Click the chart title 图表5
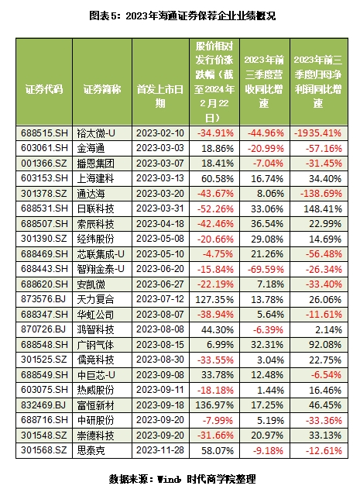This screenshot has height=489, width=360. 182,15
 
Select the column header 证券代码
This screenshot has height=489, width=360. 44,89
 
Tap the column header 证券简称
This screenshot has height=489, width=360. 102,89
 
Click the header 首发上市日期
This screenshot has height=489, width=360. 160,96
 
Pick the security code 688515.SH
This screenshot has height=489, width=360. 44,133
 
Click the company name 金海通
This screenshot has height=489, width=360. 91,148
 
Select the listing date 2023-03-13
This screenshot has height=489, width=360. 160,178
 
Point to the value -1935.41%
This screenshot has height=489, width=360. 318,133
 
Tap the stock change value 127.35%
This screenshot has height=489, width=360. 214,299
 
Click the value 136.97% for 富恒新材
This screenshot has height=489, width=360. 214,405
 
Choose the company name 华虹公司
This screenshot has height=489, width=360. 95,315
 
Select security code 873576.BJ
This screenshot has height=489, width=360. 43,299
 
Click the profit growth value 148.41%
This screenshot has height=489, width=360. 323,208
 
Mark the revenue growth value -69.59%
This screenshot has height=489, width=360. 266,269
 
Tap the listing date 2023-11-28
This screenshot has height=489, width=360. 160,450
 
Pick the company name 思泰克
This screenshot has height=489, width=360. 91,450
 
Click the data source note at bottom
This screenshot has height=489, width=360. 183,479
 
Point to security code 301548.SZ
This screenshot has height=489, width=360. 44,435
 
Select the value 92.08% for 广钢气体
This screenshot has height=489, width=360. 325,345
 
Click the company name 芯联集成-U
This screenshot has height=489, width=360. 101,254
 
